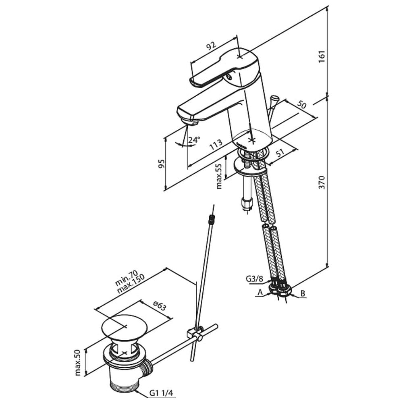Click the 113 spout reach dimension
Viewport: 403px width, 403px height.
(x=216, y=145)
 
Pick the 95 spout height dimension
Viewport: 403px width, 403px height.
(x=161, y=164)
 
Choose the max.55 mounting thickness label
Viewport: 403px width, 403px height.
(x=219, y=177)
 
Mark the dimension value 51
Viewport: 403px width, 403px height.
(x=280, y=153)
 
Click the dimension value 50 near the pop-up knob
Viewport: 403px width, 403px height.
(x=302, y=105)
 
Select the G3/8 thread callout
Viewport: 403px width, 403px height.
(x=254, y=279)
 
